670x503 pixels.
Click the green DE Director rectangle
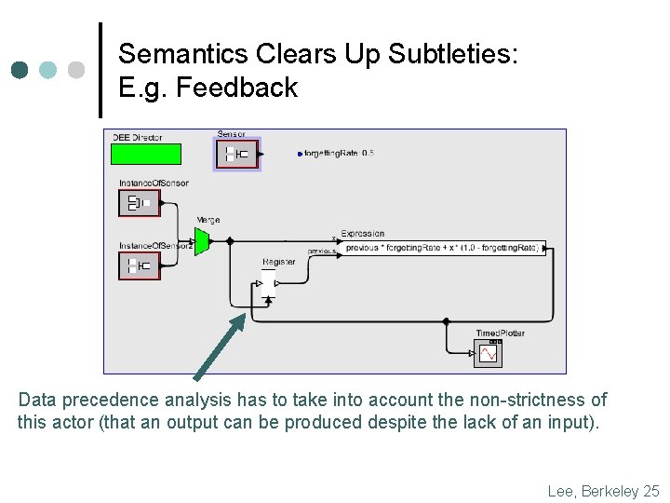click(x=146, y=154)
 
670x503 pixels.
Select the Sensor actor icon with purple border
click(x=238, y=154)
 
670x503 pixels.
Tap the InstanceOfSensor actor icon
click(x=140, y=203)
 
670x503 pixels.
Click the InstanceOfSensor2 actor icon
click(x=140, y=265)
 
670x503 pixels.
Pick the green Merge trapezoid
click(x=202, y=240)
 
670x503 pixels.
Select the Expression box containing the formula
click(x=442, y=249)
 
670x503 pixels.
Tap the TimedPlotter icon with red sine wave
click(x=488, y=354)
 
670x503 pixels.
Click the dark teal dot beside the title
click(x=20, y=70)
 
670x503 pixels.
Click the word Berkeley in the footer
click(x=610, y=490)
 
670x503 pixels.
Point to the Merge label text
click(x=208, y=220)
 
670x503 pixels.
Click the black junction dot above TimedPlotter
click(x=447, y=321)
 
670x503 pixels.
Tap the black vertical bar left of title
click(x=100, y=70)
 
